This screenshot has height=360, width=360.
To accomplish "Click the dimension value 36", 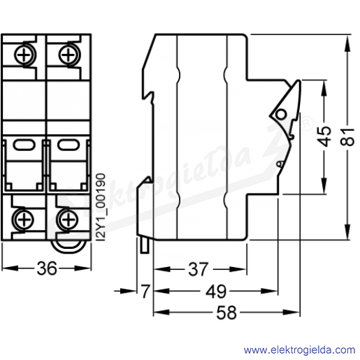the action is pos(47,268).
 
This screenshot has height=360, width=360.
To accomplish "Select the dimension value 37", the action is pos(199,269).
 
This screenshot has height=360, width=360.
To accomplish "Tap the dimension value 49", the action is pos(216,291).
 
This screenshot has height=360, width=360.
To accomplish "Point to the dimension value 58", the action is pos(226,312).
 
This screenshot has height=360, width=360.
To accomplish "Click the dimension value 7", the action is pos(145,291).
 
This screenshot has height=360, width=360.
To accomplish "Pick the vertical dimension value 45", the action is pos(324,136).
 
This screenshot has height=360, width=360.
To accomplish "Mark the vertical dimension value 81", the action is pos(347,136).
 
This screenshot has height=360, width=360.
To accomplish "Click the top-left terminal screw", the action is pos(24,55).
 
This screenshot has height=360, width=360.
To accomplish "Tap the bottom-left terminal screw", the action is pos(23,219).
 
